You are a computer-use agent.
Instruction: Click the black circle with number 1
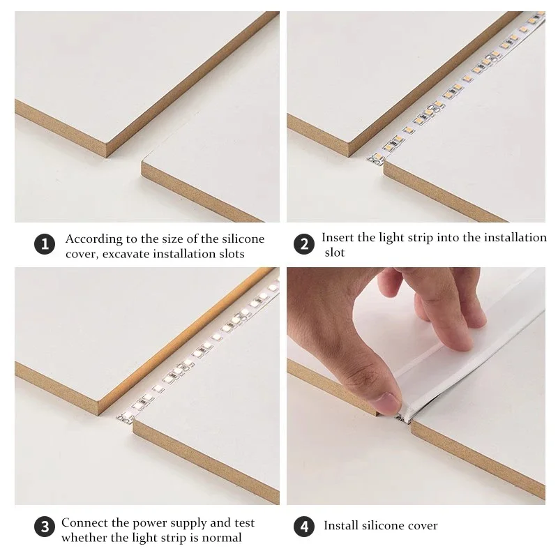pos(44,245)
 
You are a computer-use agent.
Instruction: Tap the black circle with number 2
pos(304,245)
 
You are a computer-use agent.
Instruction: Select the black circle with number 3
pos(43,528)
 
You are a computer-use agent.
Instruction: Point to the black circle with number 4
pos(304,527)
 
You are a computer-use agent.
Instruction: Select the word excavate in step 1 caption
pos(129,253)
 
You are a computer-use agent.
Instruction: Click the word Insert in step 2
pos(338,237)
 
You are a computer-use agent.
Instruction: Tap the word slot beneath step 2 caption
pos(335,252)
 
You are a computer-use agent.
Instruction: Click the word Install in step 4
pos(342,525)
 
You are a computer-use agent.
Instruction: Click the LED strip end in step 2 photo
pos(373,160)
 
